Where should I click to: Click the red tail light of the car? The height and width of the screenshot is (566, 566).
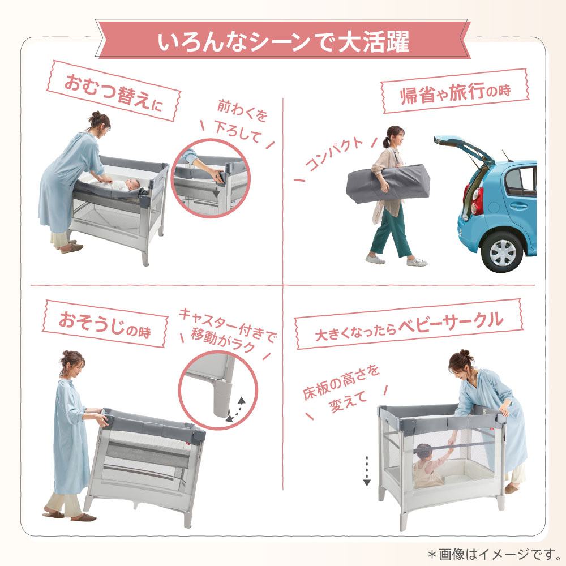[478, 201]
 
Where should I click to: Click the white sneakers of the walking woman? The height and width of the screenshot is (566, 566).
[396, 260]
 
